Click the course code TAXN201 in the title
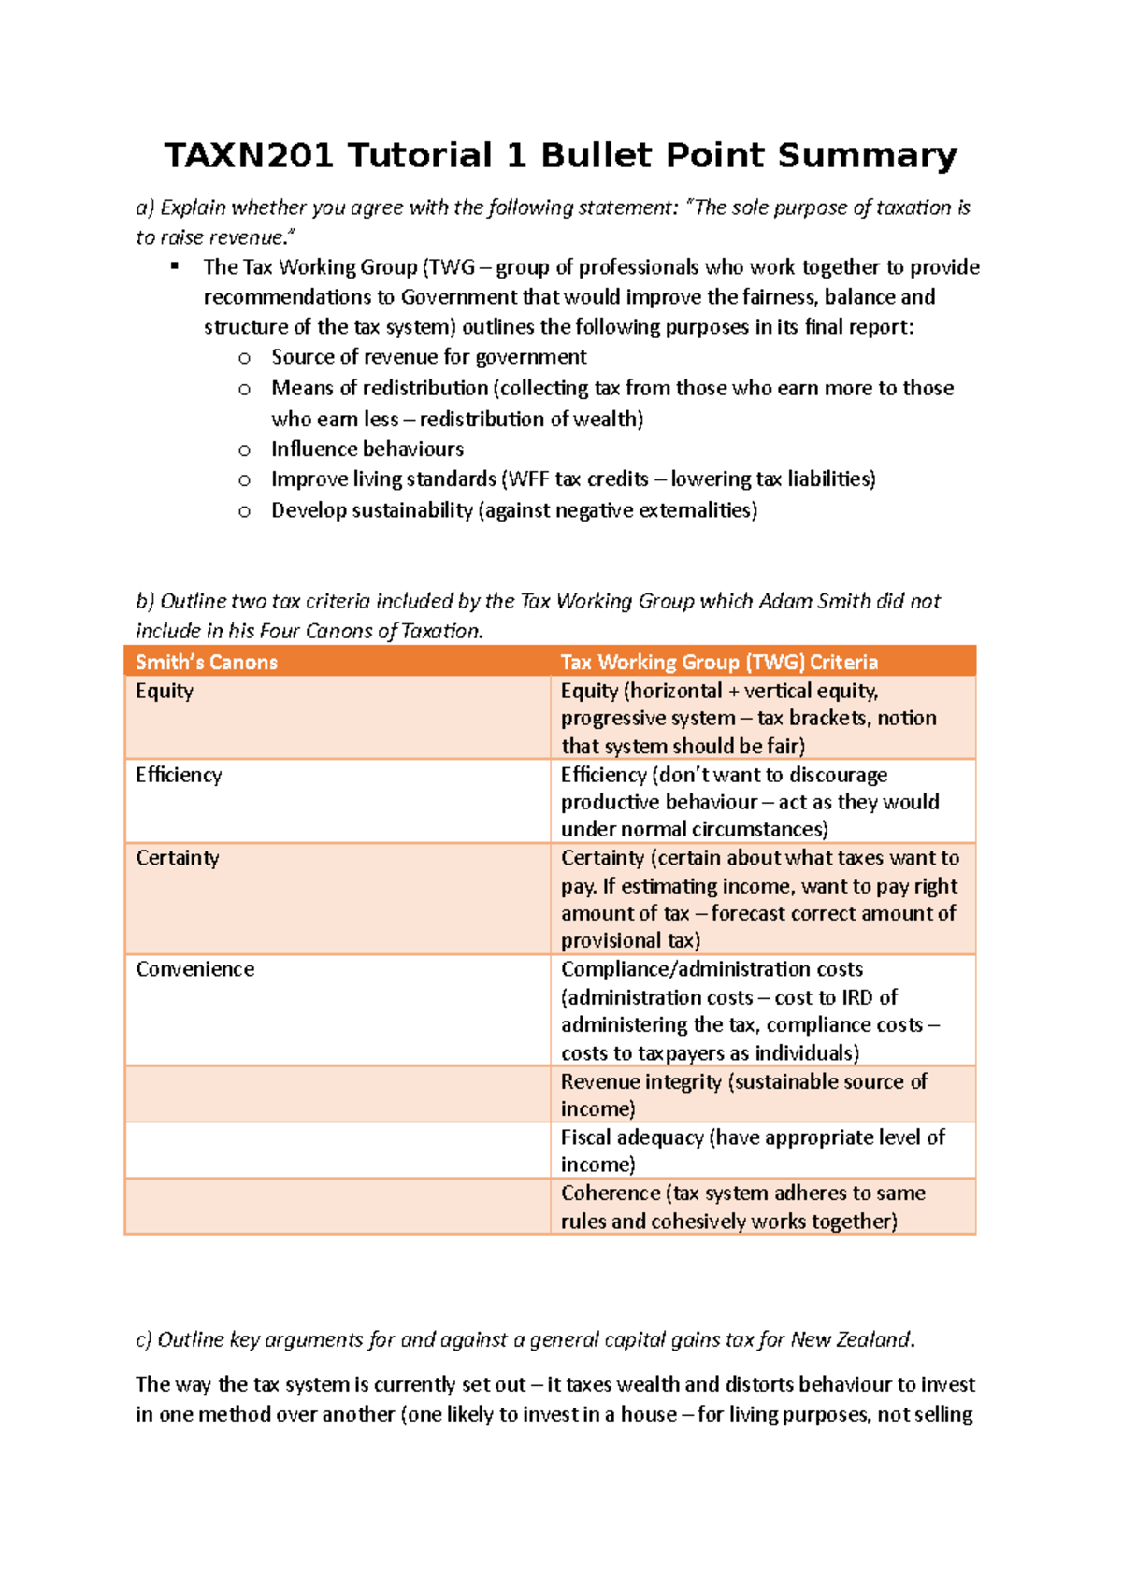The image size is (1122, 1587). [x=249, y=155]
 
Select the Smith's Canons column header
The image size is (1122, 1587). [x=207, y=663]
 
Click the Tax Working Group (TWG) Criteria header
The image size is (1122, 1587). [x=719, y=663]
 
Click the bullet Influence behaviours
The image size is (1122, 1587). [x=367, y=450]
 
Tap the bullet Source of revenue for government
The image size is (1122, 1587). [x=429, y=357]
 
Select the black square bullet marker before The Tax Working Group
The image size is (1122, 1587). [x=174, y=266]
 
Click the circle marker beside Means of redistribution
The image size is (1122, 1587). [x=244, y=389]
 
